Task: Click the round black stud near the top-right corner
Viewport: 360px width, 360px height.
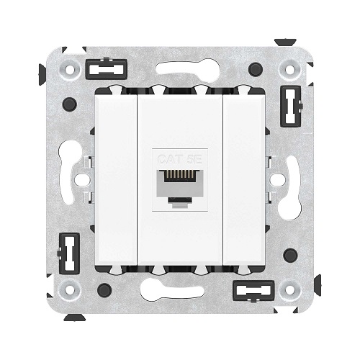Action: [x=255, y=69]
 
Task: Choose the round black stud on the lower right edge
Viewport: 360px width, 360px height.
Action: [x=290, y=255]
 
